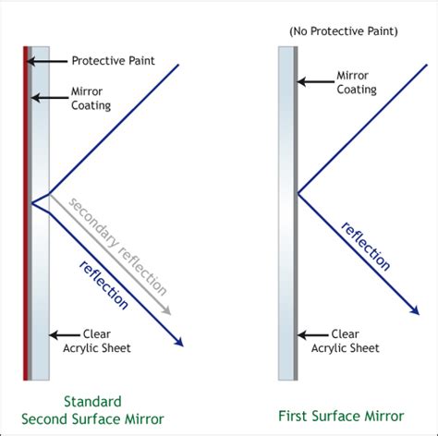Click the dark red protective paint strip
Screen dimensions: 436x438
(26, 212)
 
